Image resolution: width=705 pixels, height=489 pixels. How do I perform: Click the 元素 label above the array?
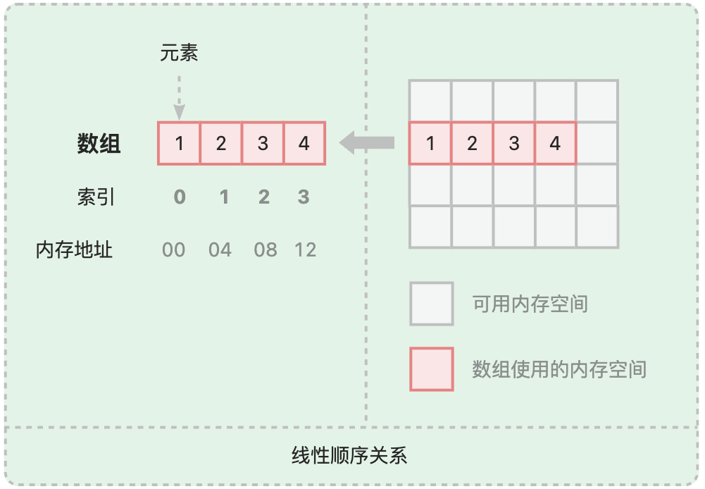(179, 54)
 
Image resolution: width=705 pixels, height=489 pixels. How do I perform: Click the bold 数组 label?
(99, 144)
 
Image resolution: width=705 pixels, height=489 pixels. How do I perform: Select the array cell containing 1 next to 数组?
(180, 144)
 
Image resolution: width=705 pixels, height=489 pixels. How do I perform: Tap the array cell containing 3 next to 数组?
(263, 144)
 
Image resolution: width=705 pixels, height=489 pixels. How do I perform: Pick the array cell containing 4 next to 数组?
(304, 144)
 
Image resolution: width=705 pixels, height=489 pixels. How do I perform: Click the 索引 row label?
(96, 197)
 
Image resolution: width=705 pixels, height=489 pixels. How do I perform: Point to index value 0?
(180, 197)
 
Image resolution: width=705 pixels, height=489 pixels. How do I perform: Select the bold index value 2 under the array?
(263, 197)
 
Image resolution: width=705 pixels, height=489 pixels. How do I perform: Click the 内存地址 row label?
(74, 250)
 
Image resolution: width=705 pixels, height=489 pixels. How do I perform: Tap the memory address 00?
(174, 250)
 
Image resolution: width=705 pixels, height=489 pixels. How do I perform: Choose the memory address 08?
(266, 250)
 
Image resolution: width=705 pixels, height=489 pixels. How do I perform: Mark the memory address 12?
(305, 250)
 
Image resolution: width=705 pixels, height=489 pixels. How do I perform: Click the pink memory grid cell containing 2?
(472, 144)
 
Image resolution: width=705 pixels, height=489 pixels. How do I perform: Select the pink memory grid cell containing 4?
(555, 144)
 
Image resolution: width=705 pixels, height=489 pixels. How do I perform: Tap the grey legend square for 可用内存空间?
(432, 304)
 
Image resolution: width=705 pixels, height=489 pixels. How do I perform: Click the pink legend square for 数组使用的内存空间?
(432, 369)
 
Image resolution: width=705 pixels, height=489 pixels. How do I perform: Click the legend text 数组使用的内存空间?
(559, 369)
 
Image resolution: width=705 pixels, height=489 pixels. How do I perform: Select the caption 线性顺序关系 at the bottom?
(349, 455)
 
